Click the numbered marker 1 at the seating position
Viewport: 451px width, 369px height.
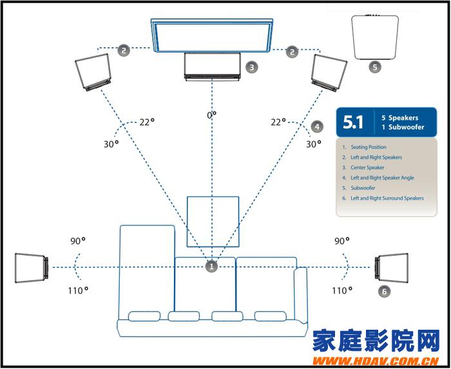212,265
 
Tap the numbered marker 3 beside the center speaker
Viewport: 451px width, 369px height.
252,66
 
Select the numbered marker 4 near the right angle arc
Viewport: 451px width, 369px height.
316,127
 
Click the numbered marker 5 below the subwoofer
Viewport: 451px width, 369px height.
375,66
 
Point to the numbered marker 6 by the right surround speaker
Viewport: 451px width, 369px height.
384,292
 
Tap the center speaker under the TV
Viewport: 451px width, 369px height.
212,66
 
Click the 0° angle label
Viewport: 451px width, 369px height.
211,115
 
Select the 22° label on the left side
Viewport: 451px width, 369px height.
148,122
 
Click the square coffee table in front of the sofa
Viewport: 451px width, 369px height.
213,222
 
